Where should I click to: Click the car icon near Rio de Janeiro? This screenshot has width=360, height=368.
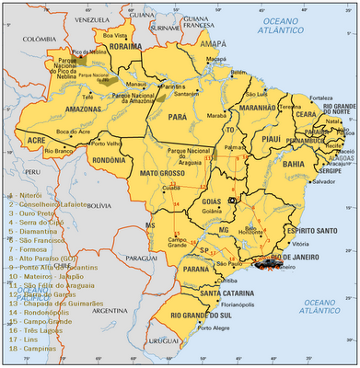268,264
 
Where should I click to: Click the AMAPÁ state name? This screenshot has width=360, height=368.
213,42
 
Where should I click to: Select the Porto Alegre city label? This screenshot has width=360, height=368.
215,328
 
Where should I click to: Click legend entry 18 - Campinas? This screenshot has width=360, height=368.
32,351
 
